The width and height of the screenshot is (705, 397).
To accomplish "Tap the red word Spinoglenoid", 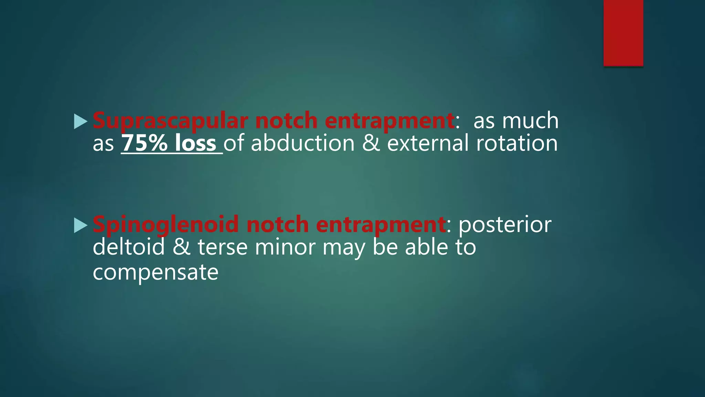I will coord(166,224).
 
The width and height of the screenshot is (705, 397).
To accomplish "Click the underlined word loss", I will coord(195,143).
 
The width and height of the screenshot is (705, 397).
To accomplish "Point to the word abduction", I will coord(303,143).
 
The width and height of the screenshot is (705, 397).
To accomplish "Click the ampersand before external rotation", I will coord(371,143).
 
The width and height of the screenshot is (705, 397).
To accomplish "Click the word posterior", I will coord(505,224).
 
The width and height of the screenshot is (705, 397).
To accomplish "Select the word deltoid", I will coord(129,247).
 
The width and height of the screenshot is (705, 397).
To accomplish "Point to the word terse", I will coord(222,247).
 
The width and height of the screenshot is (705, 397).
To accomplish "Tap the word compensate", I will coord(156,272).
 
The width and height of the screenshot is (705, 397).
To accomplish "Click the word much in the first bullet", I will coord(530,121).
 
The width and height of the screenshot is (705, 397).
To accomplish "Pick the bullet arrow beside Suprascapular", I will coord(80,122).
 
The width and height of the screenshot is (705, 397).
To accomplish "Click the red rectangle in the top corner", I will coord(623,33).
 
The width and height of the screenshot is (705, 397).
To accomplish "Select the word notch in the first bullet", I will coord(286,121).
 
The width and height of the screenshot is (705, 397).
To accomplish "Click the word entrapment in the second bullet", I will coord(381,224).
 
